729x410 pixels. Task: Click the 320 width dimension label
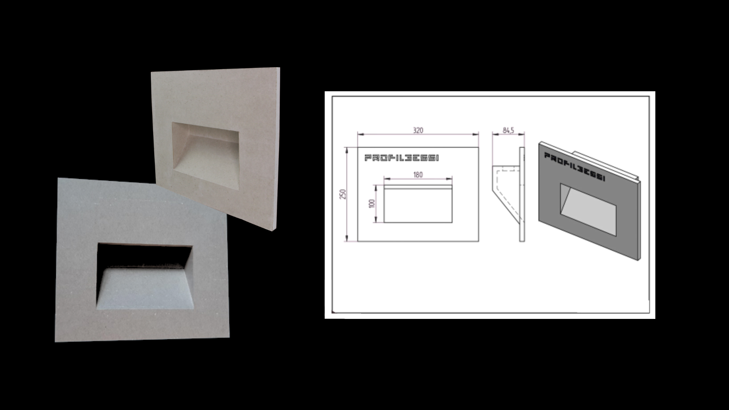[418, 130]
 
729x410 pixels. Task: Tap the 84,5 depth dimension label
[508, 130]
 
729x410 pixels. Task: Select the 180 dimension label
[418, 175]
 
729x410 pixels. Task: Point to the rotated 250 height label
[344, 194]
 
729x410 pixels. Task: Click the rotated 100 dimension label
[372, 203]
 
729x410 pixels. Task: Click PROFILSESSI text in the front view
[402, 158]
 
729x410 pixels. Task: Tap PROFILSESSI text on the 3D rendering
[574, 167]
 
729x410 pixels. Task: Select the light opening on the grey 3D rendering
[588, 210]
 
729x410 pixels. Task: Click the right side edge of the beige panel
[278, 149]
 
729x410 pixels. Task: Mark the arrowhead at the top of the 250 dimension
[346, 149]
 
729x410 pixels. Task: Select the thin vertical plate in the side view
[522, 194]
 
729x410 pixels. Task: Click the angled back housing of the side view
[507, 192]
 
